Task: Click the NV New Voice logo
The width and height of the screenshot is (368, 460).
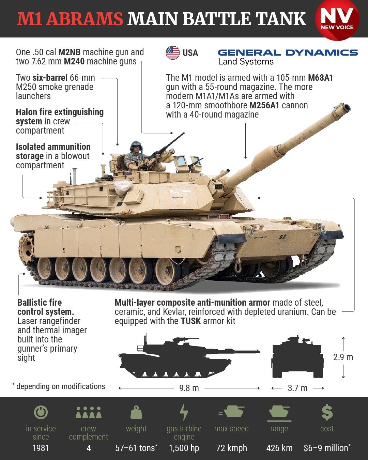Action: (x=337, y=20)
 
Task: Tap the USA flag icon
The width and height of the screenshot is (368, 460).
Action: (x=173, y=53)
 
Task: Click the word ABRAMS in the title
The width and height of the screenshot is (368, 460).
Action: (x=85, y=19)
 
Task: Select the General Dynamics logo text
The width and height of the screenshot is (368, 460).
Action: (x=288, y=53)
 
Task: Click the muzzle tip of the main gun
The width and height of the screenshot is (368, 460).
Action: (x=346, y=108)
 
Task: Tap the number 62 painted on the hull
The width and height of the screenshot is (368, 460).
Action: (x=282, y=236)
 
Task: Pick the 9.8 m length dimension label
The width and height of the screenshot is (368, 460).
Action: (x=189, y=388)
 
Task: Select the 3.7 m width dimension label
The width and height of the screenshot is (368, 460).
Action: (x=297, y=388)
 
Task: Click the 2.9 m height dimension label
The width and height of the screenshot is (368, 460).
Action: (x=343, y=357)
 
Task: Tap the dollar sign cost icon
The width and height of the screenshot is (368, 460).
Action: (x=327, y=412)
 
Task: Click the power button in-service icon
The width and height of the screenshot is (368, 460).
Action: (x=41, y=412)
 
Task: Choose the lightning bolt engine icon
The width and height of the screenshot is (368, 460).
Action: (x=184, y=412)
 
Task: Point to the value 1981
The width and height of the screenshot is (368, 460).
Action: (x=41, y=448)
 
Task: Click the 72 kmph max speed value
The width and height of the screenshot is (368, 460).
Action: (x=231, y=448)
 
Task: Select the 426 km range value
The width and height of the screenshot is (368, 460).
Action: (x=279, y=448)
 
